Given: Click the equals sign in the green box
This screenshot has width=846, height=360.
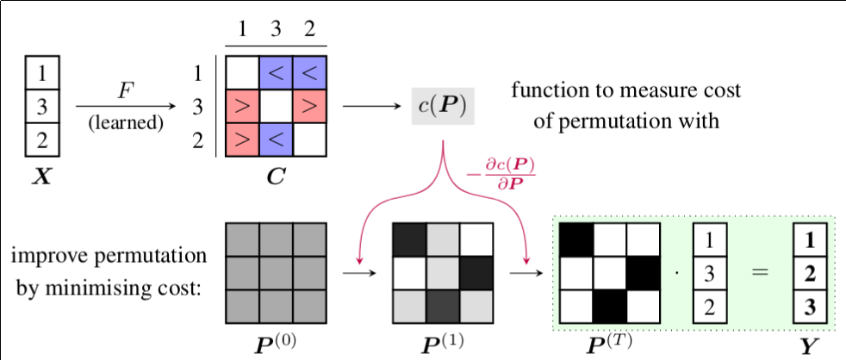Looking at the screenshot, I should coord(758,272).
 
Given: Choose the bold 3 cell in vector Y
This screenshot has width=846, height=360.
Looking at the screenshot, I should coord(809,306).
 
